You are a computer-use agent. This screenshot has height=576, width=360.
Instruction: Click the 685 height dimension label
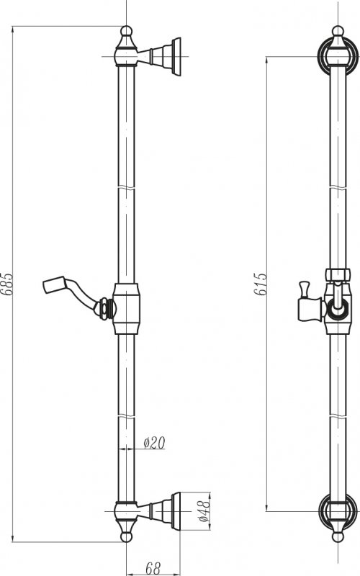click(8, 284)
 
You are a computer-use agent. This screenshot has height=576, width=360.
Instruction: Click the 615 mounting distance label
click(260, 284)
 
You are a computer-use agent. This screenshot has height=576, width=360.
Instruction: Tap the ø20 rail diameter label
click(154, 443)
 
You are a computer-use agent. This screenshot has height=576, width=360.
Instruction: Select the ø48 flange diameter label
click(204, 510)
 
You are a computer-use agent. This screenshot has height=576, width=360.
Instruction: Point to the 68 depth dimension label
click(153, 568)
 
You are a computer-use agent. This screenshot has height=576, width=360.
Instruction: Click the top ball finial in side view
click(127, 30)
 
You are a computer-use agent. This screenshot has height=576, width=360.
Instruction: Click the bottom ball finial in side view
click(127, 536)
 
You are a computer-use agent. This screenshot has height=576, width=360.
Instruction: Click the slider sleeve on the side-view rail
click(127, 309)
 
